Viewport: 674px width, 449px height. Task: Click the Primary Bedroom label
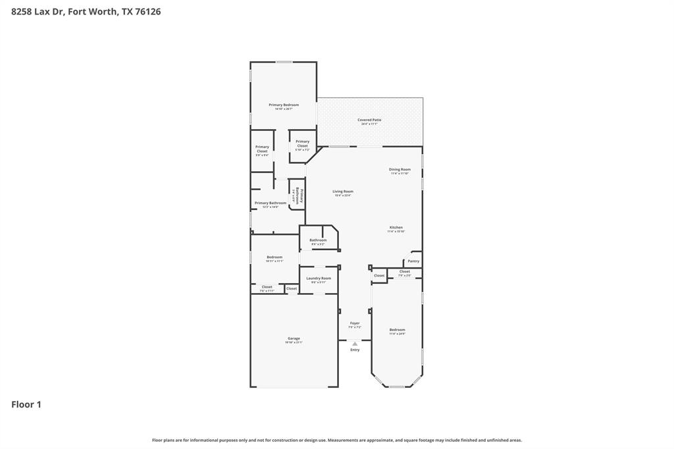click(284, 105)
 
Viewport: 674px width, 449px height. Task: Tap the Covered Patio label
click(369, 120)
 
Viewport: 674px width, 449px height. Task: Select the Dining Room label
click(400, 170)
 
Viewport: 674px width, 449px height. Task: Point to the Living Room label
click(343, 192)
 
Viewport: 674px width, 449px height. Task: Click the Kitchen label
click(396, 228)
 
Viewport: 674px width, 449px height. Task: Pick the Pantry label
click(413, 261)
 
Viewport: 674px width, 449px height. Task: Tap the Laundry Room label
click(319, 278)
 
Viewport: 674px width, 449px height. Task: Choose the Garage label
click(294, 339)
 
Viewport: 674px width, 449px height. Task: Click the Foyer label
click(355, 323)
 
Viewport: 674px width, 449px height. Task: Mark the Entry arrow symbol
click(355, 344)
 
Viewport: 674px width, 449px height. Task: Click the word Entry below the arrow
click(355, 350)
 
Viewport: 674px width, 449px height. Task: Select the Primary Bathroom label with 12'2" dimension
click(271, 203)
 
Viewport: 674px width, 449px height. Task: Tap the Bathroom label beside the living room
click(318, 240)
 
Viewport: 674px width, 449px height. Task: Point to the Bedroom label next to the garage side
click(274, 257)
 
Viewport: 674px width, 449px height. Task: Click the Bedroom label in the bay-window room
click(397, 330)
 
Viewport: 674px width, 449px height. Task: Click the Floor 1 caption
click(26, 405)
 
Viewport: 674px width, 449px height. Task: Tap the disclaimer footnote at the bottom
click(337, 440)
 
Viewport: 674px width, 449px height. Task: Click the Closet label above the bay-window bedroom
click(405, 271)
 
